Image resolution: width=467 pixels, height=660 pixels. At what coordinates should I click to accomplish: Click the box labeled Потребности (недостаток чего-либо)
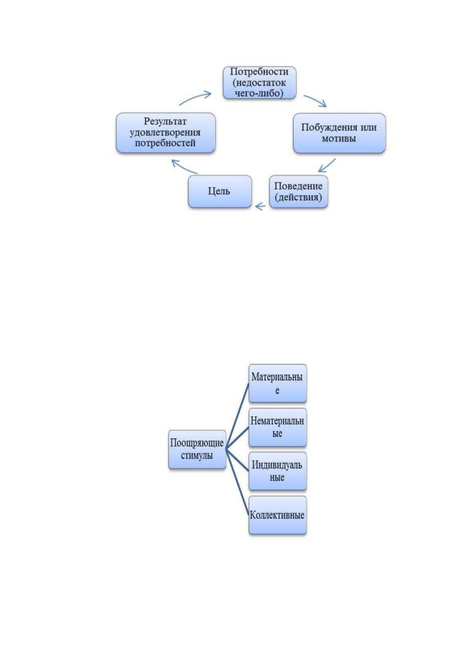[260, 83]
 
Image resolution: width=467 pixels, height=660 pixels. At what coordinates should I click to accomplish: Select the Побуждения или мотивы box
[339, 133]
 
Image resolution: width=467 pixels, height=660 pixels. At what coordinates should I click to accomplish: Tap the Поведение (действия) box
[298, 192]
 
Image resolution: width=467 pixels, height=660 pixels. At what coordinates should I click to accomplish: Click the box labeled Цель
[220, 192]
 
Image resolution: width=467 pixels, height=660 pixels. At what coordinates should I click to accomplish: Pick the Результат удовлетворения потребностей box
[166, 132]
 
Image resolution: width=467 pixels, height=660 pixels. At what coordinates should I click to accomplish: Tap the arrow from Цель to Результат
[184, 167]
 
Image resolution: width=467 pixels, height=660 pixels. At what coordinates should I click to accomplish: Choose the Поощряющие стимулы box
[197, 449]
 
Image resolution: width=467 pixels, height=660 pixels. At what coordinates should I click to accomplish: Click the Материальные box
[278, 383]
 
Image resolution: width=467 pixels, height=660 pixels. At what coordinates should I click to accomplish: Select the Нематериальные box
[278, 427]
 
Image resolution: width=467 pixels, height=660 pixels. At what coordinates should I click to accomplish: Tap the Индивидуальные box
[278, 471]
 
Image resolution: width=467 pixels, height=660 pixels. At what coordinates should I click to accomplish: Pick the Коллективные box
[278, 515]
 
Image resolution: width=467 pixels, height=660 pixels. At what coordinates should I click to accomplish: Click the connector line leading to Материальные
[238, 416]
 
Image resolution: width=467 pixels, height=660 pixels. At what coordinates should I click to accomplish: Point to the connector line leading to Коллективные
[238, 482]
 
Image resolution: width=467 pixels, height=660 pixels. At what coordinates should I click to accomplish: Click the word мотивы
[339, 138]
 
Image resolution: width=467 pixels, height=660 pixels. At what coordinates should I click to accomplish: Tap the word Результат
[165, 121]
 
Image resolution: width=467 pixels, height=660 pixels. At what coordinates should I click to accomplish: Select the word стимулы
[197, 455]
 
